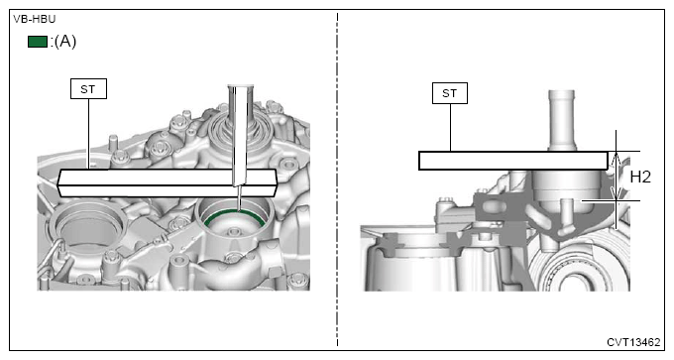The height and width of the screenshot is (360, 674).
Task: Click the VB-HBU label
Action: [x=35, y=20]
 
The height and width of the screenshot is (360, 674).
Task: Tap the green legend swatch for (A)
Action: [x=38, y=42]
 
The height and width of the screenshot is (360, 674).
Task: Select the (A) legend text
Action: [x=64, y=42]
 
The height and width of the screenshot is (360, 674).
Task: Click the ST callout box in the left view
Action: [x=88, y=88]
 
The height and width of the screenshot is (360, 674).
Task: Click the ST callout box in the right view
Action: [x=450, y=93]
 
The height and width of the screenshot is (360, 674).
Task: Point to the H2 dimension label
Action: [x=640, y=177]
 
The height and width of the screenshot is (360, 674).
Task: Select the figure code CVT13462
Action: [x=633, y=342]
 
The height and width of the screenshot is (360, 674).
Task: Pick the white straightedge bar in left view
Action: [x=167, y=182]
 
